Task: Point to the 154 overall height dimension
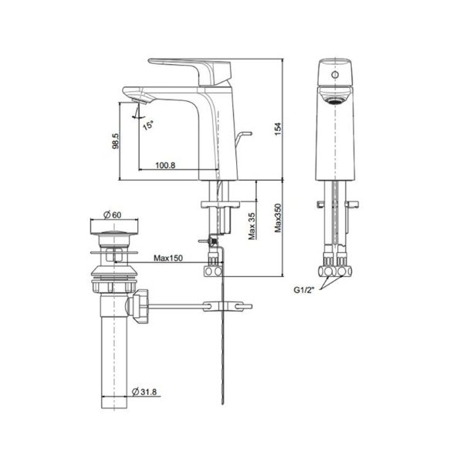pyautogui.click(x=279, y=132)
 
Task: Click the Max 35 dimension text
pyautogui.click(x=252, y=225)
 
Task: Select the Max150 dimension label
pyautogui.click(x=169, y=258)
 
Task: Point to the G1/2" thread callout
pyautogui.click(x=306, y=290)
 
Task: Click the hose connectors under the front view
pyautogui.click(x=336, y=272)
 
